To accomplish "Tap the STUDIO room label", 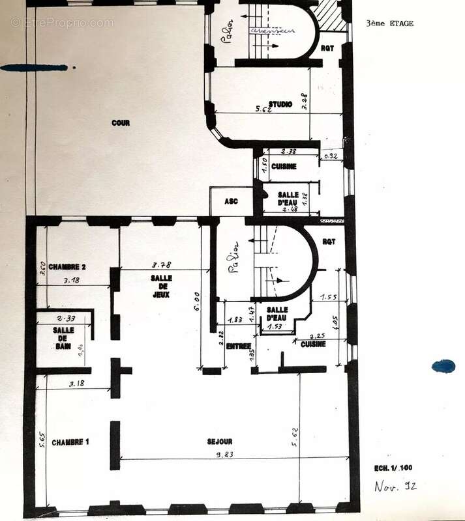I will (x=280, y=104).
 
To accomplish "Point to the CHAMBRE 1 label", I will (x=70, y=442).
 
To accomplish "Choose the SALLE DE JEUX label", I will (x=160, y=285).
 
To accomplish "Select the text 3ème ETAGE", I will (x=390, y=24).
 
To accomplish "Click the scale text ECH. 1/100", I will (x=393, y=468).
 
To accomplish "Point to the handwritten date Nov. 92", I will (x=396, y=486).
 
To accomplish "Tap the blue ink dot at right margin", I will (x=443, y=366).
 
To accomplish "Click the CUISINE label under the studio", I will (x=284, y=167).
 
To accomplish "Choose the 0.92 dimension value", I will (x=331, y=156).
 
